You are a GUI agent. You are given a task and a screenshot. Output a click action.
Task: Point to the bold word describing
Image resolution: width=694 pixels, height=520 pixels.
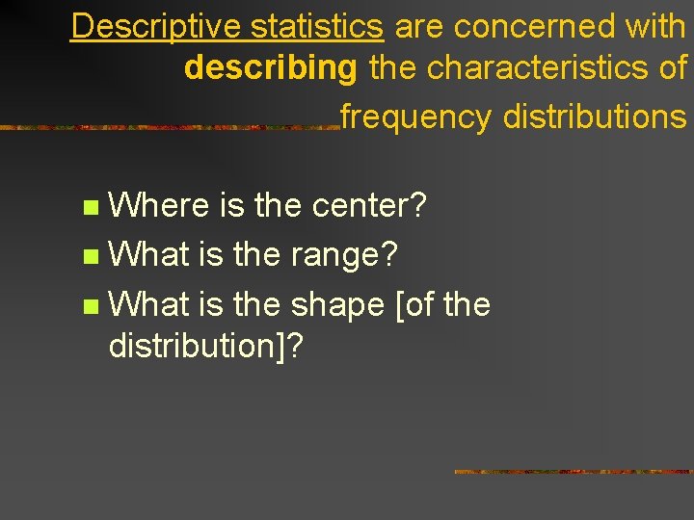click(x=271, y=68)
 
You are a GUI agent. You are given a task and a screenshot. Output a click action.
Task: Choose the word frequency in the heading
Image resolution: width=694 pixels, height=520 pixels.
click(x=416, y=117)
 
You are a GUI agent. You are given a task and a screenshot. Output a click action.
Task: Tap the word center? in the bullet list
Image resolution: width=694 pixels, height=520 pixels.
click(x=370, y=205)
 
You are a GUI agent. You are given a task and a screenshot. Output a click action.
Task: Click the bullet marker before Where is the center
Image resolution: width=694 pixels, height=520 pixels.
click(x=91, y=206)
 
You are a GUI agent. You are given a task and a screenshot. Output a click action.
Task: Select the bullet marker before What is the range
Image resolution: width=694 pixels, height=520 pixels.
click(x=91, y=256)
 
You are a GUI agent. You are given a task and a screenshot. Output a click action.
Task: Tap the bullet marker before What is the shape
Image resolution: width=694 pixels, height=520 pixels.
click(x=91, y=306)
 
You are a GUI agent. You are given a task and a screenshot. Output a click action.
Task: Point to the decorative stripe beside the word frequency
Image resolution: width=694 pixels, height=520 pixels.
click(x=169, y=126)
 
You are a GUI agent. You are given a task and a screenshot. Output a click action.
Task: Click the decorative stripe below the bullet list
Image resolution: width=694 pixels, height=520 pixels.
click(x=573, y=472)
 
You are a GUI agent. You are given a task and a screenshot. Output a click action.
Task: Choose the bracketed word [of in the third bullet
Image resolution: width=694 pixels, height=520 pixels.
click(x=417, y=305)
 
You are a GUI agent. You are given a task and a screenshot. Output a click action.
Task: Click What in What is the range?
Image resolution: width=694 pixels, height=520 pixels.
click(x=150, y=255)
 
